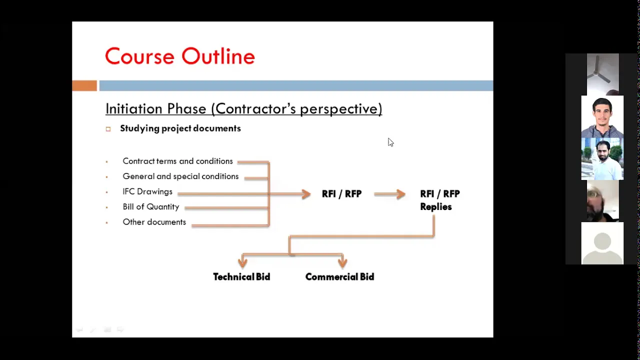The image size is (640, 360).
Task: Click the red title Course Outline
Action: [180, 56]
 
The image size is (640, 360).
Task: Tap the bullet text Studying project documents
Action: [180, 128]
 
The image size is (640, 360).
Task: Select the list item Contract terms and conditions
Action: [177, 161]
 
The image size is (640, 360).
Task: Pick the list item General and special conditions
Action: [180, 176]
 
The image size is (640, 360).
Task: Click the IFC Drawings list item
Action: [147, 191]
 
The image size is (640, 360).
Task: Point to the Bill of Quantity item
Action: [151, 207]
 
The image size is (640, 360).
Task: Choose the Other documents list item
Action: [154, 222]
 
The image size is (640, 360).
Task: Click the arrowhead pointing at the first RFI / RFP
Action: [306, 194]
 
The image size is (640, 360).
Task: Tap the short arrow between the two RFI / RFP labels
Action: [389, 194]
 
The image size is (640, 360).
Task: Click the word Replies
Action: [435, 207]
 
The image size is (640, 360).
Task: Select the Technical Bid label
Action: [241, 277]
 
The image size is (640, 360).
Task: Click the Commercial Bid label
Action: [339, 277]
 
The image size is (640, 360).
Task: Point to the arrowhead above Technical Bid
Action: [242, 262]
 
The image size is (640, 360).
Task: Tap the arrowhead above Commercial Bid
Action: [342, 262]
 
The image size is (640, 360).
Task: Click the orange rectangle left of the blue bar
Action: [84, 85]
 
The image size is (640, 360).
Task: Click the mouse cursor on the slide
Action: [390, 142]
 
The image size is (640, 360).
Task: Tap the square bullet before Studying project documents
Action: [108, 129]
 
